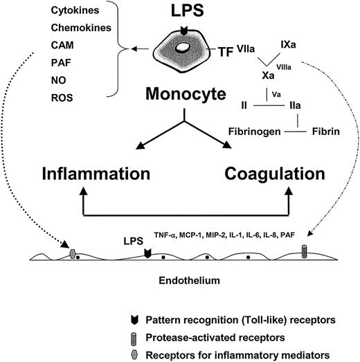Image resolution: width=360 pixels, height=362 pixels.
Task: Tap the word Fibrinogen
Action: [x=237, y=131]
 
